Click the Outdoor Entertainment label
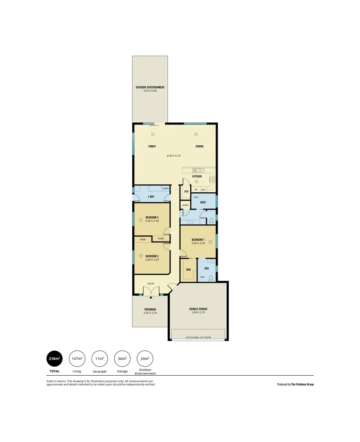click(x=150, y=87)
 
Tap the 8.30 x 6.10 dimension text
click(x=173, y=156)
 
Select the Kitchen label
click(x=197, y=176)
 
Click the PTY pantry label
click(x=186, y=192)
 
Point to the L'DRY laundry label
click(x=151, y=197)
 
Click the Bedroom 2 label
click(x=152, y=217)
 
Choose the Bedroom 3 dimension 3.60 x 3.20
click(x=152, y=259)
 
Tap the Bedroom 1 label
click(x=198, y=239)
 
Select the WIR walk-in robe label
click(x=188, y=270)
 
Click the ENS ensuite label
click(x=207, y=268)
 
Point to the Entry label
click(x=151, y=284)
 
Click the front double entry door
click(x=151, y=291)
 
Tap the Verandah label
click(x=150, y=309)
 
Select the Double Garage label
click(x=198, y=309)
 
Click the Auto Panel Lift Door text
click(x=198, y=337)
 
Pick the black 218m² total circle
click(x=54, y=359)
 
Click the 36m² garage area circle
click(x=122, y=359)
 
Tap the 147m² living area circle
click(x=77, y=359)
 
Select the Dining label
click(x=199, y=146)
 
